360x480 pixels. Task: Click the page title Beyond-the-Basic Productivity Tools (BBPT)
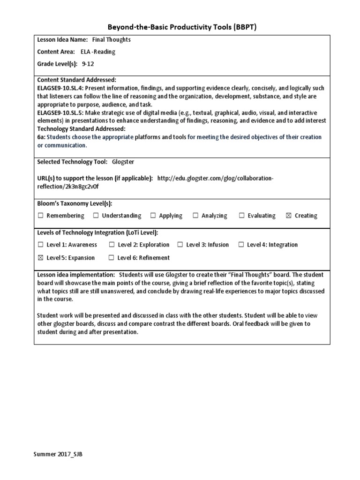180,28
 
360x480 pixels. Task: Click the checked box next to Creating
288,216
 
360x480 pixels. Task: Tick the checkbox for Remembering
40,216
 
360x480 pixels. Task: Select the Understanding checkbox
96,216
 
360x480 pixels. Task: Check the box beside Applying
153,216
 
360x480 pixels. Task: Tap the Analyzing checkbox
195,216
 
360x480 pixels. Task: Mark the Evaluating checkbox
242,216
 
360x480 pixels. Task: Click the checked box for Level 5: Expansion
40,257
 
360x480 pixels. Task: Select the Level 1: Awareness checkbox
40,244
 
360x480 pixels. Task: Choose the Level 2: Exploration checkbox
112,244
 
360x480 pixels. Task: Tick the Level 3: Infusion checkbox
180,244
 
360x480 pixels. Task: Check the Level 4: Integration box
241,244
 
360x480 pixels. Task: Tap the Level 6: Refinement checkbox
111,257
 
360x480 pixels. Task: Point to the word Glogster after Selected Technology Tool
124,162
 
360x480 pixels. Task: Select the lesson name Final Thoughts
111,40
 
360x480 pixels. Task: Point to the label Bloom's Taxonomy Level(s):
75,203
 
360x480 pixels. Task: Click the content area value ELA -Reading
97,52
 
